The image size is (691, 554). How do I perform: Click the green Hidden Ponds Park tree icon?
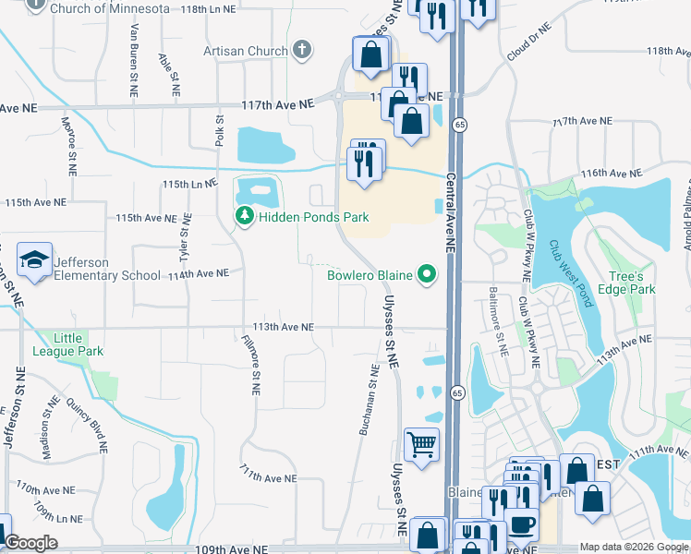[x=244, y=217]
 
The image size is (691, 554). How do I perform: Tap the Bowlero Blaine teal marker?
[x=426, y=274]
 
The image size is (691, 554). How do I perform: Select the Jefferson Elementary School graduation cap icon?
[x=34, y=262]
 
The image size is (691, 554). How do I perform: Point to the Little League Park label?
[x=67, y=343]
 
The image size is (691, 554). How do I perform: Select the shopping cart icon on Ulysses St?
[x=422, y=445]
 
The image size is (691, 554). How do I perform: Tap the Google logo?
[x=30, y=543]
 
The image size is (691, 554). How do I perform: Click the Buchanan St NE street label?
[x=367, y=400]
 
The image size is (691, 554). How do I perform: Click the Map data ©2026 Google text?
[x=634, y=547]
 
